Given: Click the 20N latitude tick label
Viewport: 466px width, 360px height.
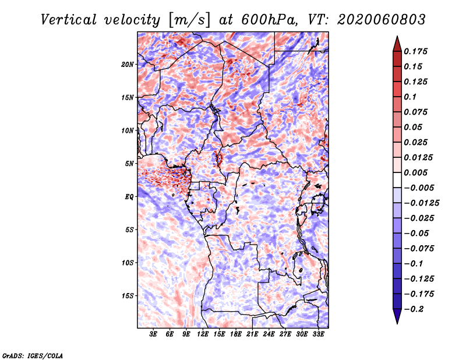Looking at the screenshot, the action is [128, 65].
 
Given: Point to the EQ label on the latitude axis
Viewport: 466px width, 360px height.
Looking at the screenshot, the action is [129, 197].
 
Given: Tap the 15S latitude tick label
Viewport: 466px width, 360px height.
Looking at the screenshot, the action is [128, 296].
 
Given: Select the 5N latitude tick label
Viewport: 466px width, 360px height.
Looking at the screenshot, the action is [129, 164].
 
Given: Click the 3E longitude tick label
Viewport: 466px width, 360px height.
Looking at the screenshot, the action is [153, 334].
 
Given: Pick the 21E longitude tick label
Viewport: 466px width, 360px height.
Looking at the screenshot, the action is [252, 334].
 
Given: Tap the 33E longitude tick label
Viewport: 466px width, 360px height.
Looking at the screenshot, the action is [318, 334].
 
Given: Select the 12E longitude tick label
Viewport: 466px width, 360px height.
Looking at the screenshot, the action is [202, 334].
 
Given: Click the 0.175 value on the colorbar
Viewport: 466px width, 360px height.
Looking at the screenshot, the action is [415, 51].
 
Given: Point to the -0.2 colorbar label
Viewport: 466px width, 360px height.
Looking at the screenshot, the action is [414, 309].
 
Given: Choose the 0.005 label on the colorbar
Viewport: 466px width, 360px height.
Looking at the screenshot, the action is [415, 172].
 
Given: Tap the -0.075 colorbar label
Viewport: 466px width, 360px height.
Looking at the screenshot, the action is [419, 249].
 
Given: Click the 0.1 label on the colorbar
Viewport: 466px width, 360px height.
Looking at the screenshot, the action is [410, 97].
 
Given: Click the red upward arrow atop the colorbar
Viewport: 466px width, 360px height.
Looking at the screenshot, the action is [397, 44].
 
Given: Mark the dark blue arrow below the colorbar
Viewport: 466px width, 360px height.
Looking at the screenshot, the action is [397, 316].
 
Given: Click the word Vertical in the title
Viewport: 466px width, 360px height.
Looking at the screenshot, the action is [69, 20].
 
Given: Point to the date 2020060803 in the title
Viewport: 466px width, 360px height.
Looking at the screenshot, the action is [382, 20].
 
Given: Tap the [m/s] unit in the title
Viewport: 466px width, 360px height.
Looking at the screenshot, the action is [190, 20].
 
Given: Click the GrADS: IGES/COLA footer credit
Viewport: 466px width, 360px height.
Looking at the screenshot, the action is [33, 356].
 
